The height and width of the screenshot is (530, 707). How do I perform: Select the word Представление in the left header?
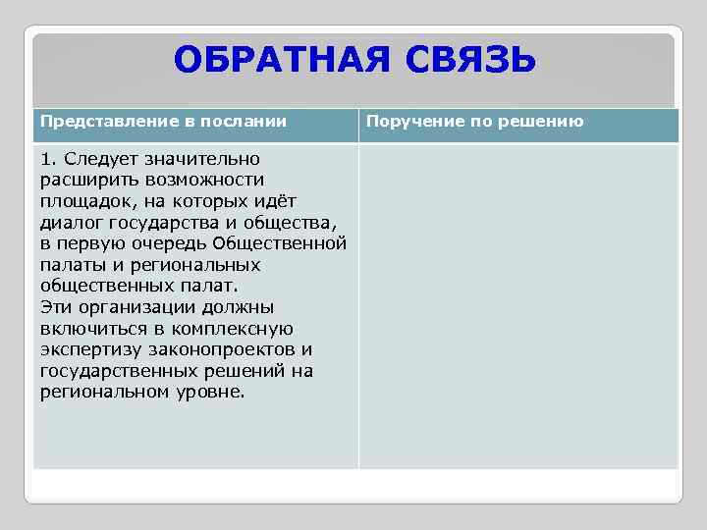pos(109,122)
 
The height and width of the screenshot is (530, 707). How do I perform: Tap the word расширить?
pos(82,181)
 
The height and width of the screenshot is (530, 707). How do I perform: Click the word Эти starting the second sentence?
pos(55,307)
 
